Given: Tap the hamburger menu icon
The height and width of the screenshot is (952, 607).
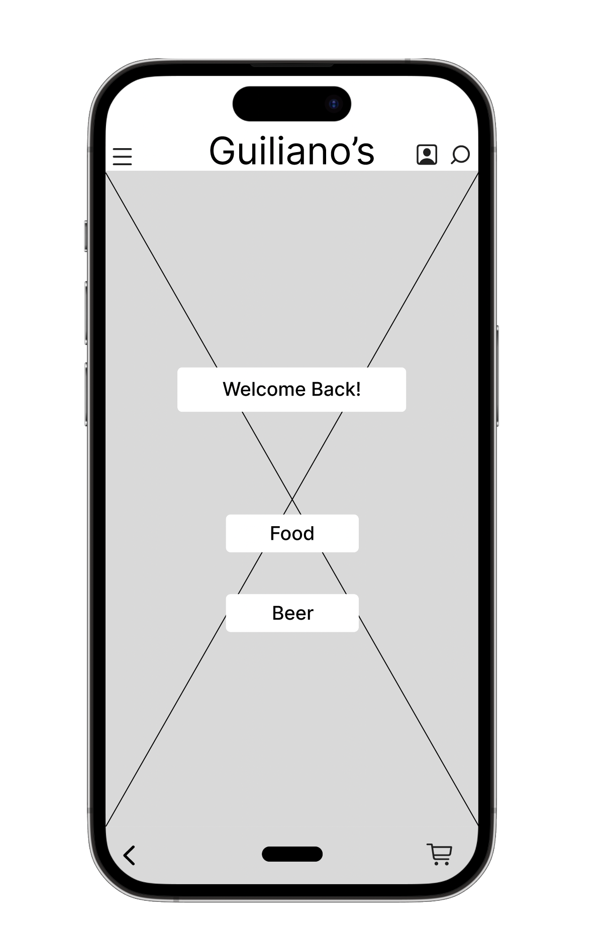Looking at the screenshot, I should [122, 156].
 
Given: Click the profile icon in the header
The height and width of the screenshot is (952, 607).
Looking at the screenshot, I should [427, 155].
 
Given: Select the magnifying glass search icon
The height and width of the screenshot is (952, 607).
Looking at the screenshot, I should [460, 155].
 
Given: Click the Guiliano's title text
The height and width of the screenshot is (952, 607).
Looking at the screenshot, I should [291, 151].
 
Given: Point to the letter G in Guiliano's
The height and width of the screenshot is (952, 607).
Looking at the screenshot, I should [223, 151].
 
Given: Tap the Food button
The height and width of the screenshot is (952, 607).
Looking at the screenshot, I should [292, 533].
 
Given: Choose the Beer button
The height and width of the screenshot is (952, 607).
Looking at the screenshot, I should [292, 613].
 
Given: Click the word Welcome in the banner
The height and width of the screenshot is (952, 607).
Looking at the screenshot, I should [264, 390].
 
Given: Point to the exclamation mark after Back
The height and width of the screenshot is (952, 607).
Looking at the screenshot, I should [358, 390].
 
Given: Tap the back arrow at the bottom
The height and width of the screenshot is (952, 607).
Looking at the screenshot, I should [129, 856].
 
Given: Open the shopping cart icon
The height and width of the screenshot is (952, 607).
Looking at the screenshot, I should [440, 854].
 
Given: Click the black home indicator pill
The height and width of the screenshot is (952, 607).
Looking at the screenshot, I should [292, 854].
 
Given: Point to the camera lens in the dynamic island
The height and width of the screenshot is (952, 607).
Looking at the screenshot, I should [334, 104].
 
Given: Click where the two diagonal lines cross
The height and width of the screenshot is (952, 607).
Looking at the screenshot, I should [292, 499].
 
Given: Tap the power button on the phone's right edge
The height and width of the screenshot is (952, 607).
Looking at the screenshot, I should [497, 376].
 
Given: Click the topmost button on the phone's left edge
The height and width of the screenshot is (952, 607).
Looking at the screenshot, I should [86, 235].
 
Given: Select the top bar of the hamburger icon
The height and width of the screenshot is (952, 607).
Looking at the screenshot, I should [122, 149].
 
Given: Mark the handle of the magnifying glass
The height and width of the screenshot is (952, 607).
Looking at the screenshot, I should [454, 161].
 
